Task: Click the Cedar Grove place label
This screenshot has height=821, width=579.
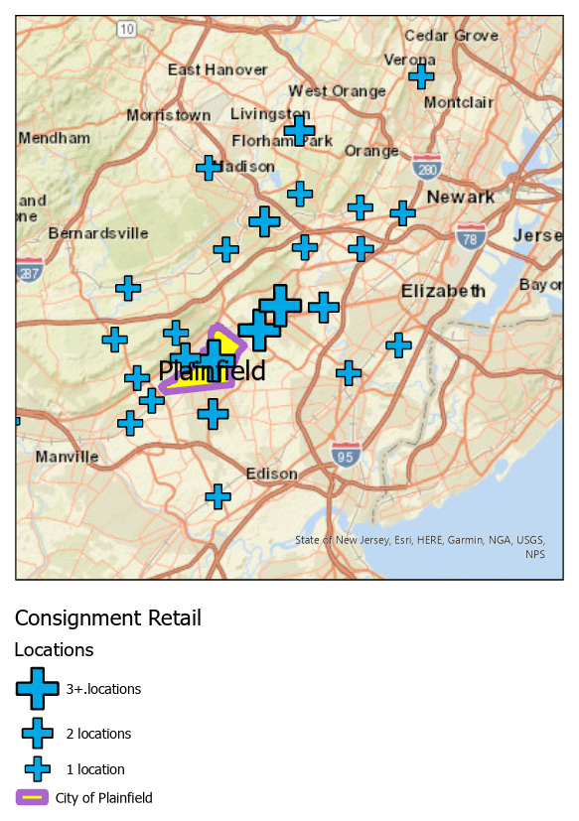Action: [x=451, y=36]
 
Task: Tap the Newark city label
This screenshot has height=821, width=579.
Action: [x=461, y=197]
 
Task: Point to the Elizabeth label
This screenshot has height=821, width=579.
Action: [x=443, y=291]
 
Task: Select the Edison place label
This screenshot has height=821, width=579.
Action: [x=271, y=474]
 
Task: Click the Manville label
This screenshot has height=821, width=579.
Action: [x=67, y=457]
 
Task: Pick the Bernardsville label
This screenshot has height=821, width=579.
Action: [x=98, y=233]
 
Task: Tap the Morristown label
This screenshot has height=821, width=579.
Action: [x=168, y=115]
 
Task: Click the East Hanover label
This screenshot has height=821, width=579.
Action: [x=217, y=69]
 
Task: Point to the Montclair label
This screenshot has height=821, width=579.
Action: [x=458, y=102]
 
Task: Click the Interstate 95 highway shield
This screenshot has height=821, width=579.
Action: [x=346, y=456]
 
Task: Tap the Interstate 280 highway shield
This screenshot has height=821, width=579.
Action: [x=427, y=169]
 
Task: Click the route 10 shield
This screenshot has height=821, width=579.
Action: [x=126, y=30]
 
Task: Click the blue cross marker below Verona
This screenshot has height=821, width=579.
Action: [x=421, y=75]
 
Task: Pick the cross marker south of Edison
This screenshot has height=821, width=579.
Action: [x=217, y=495]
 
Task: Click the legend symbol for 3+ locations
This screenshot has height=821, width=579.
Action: [x=38, y=688]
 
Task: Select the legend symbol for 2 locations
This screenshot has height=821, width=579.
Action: [x=38, y=734]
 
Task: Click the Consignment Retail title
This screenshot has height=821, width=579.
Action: [x=107, y=618]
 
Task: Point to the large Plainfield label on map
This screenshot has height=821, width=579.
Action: [x=212, y=371]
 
